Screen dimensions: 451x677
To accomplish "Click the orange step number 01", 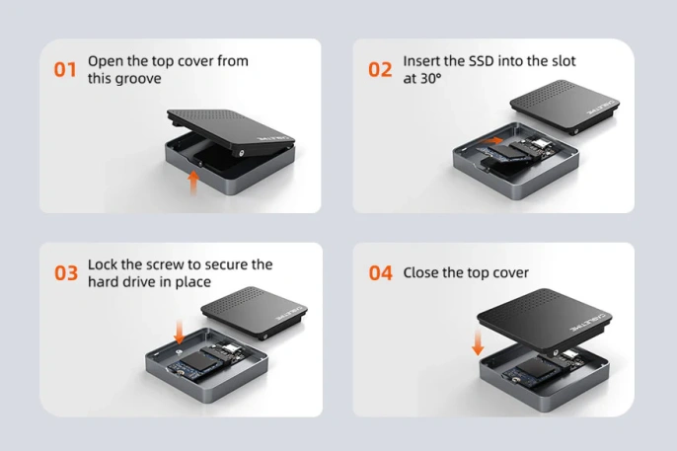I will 65,70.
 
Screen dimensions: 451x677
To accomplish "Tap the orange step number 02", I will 380,70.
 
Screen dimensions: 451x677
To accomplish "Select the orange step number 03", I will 65,273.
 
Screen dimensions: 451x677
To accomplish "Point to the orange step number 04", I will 380,273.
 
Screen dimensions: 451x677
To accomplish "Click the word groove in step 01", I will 138,79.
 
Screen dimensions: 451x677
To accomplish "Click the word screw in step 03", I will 187,264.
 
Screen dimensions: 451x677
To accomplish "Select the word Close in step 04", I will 421,273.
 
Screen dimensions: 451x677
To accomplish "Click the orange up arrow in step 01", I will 193,181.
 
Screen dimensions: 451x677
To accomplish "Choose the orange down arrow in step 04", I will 478,341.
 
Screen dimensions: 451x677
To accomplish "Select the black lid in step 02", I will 561,111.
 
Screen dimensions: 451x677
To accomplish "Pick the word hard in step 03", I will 104,282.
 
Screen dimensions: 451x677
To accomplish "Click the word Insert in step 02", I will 421,61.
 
